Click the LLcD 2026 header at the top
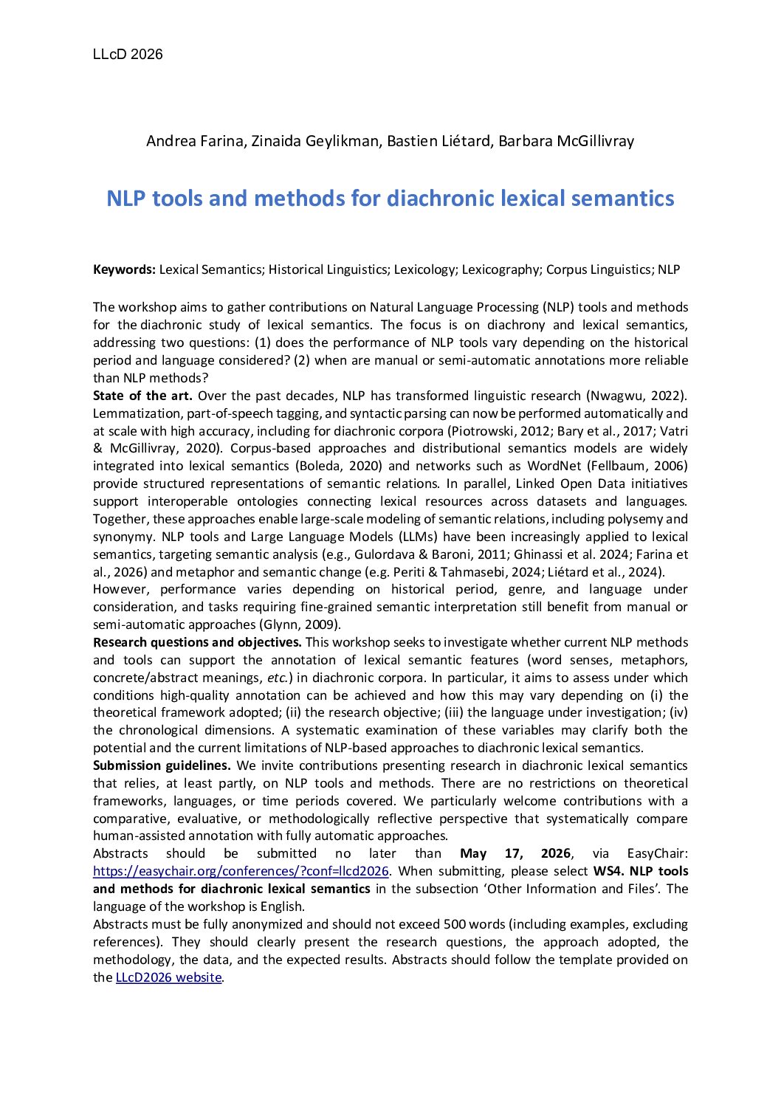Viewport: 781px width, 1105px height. (x=128, y=54)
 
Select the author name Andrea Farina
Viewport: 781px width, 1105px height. (x=195, y=140)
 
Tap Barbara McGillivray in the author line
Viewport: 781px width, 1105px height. (x=566, y=140)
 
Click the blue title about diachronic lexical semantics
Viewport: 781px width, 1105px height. (x=390, y=198)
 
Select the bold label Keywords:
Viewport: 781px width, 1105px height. (x=124, y=269)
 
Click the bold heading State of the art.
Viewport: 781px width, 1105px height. (x=142, y=396)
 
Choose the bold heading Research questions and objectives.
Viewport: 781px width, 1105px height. (x=197, y=642)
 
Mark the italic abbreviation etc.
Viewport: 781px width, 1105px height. (x=278, y=678)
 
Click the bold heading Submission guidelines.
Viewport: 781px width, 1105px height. (x=162, y=765)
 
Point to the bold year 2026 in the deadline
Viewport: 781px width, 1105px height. (x=555, y=853)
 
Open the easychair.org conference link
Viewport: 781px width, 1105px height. (x=241, y=871)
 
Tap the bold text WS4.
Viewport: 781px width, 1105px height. (x=608, y=871)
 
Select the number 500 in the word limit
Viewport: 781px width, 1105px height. (x=455, y=924)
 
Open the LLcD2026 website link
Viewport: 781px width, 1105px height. (x=168, y=977)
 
